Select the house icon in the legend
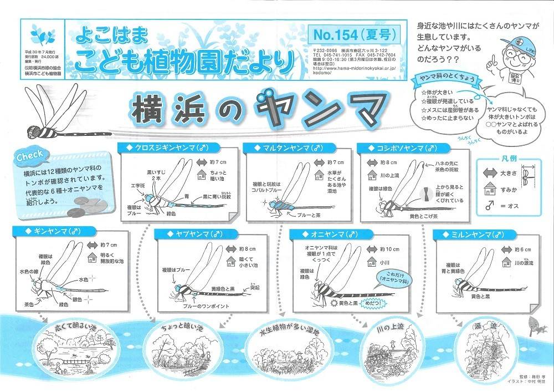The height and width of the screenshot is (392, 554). tap(491, 189)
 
